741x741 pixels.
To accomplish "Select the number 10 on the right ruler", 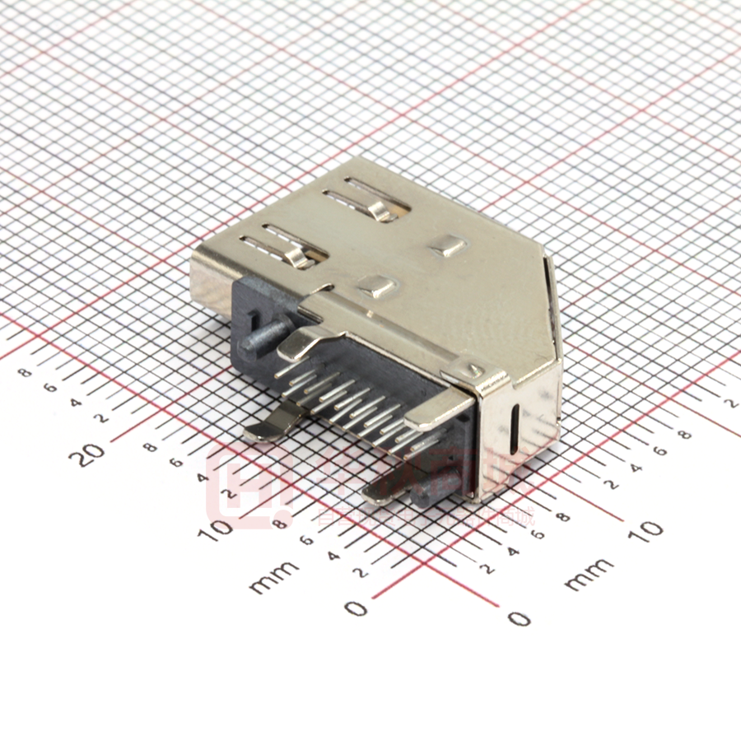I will [x=650, y=530].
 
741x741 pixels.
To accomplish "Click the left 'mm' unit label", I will [x=274, y=576].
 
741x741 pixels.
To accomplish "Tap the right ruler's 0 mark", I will [x=518, y=617].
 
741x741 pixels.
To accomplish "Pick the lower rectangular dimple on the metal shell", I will [x=377, y=287].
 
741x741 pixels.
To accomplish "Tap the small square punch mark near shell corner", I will [x=475, y=370].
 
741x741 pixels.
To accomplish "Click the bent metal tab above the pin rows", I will [x=305, y=342].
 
